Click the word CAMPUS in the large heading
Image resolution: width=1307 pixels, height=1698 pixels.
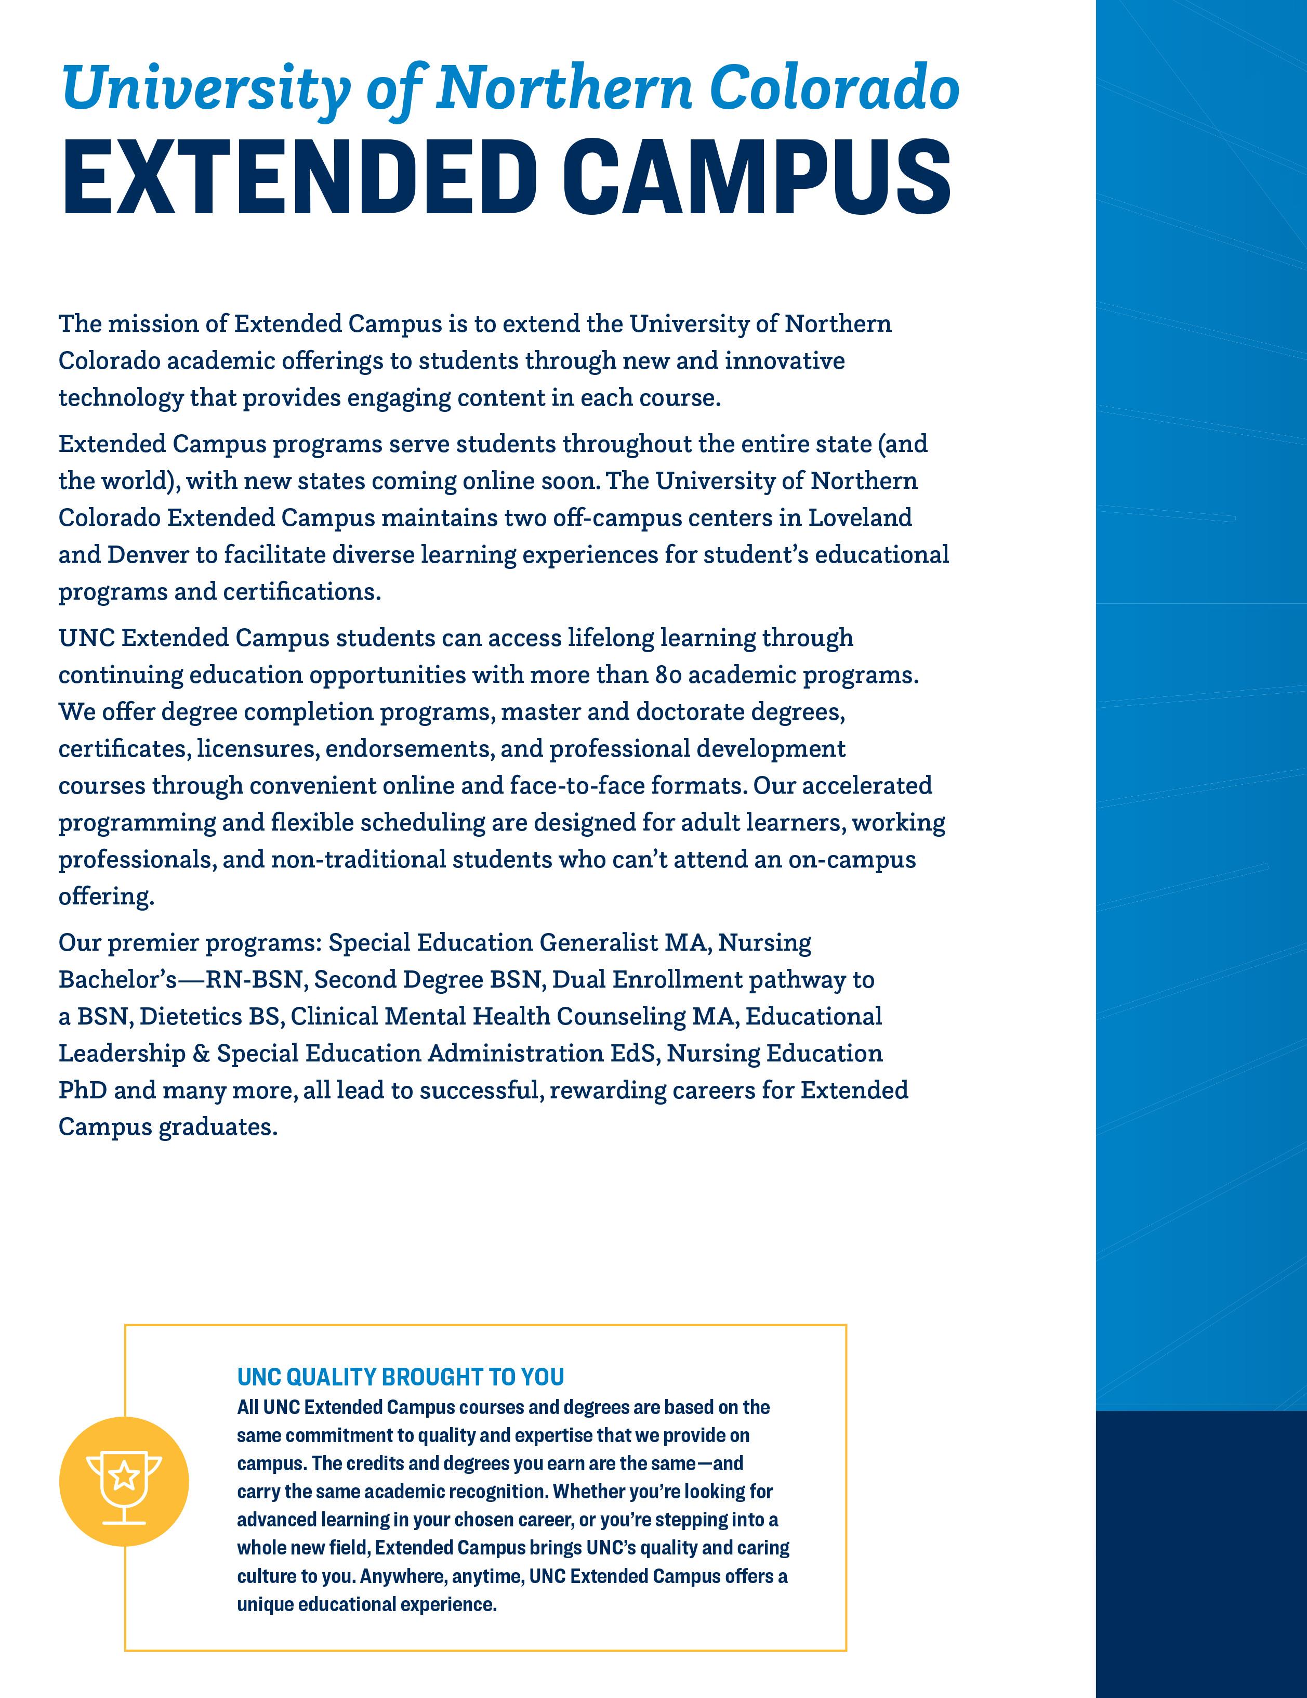[x=756, y=177]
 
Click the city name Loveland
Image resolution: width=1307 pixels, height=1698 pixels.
[x=860, y=518]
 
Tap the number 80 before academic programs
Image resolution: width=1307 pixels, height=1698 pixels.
[x=668, y=676]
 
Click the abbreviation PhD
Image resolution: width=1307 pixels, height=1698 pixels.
[x=82, y=1091]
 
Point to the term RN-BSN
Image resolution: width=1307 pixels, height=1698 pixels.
[x=253, y=980]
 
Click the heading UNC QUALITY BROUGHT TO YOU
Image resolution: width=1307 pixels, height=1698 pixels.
[x=400, y=1377]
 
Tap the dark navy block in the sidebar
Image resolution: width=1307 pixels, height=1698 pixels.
[x=1200, y=1555]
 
